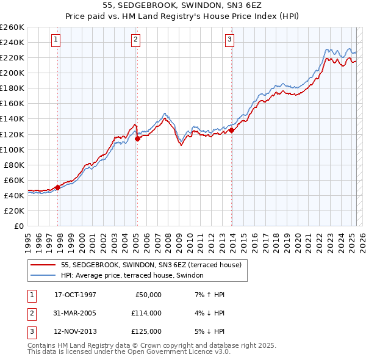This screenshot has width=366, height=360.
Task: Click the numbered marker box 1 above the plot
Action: point(56,40)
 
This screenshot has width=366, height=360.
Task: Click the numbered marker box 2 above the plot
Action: point(135,40)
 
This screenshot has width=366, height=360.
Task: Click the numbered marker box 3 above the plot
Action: point(229,40)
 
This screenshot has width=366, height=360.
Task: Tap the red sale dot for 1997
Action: point(58,187)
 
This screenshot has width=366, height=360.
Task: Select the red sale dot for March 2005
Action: point(138,139)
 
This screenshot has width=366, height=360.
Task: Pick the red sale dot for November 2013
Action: point(232,130)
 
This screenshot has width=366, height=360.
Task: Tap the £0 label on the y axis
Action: point(18,226)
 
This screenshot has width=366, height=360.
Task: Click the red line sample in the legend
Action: point(42,265)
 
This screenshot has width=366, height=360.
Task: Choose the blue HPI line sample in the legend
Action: point(42,276)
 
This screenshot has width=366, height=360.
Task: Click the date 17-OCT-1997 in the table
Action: point(75,294)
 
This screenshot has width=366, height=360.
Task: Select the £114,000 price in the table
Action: point(146,313)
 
